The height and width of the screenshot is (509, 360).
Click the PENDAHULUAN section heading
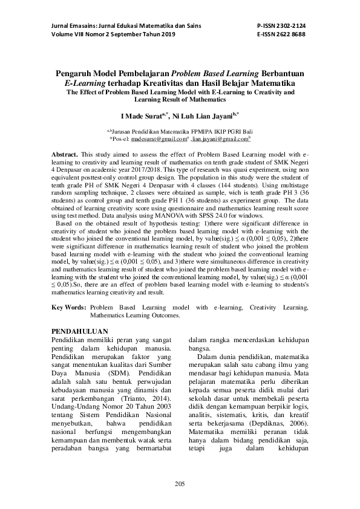(x=79, y=331)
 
